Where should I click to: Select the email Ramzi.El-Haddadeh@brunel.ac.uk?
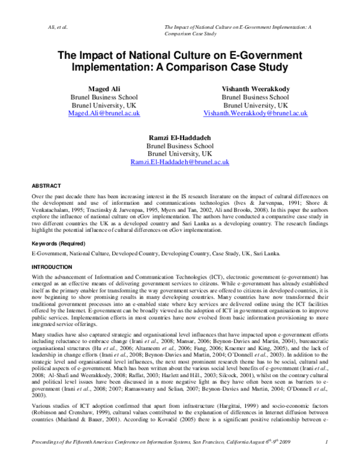(x=180, y=162)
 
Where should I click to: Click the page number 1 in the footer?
(x=325, y=460)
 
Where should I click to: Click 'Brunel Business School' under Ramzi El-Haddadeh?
(x=180, y=145)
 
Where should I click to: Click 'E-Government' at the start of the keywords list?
(x=49, y=254)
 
